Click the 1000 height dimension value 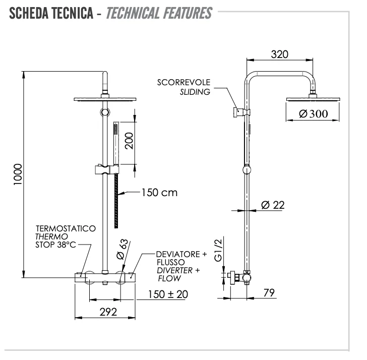point(18,174)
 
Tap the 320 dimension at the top point(280,55)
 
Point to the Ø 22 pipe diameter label point(273,205)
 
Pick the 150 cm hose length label point(159,193)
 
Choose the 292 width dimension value point(107,312)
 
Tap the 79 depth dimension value point(270,293)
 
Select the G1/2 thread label point(218,251)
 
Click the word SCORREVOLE point(183,82)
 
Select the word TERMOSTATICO point(65,228)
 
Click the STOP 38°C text point(55,245)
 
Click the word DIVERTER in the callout point(174,271)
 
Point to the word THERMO point(51,237)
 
